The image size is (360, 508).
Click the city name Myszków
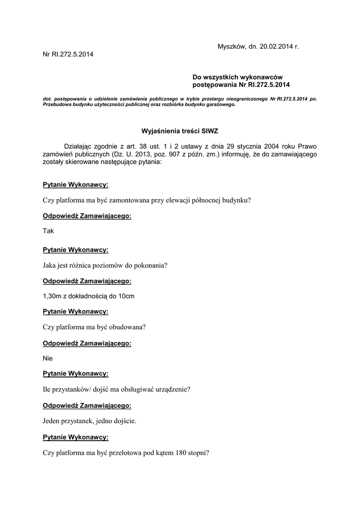[232, 46]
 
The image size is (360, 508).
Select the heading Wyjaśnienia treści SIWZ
[180, 131]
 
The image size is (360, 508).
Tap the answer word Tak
[49, 231]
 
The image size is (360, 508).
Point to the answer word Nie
[48, 358]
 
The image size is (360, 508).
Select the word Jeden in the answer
[52, 421]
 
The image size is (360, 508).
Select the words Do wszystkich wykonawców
[237, 77]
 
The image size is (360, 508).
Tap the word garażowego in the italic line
[218, 105]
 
